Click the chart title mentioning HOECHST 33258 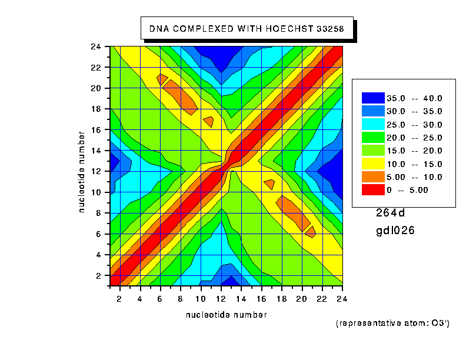click(247, 28)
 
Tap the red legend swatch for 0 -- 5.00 click(372, 190)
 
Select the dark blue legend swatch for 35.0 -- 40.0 click(372, 98)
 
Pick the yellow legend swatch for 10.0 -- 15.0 click(372, 164)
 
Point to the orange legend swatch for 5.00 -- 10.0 click(372, 176)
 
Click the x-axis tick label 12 click(221, 299)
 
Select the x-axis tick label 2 click(120, 299)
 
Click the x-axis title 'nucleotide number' click(226, 315)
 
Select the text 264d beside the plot click(391, 213)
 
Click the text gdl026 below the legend click(395, 231)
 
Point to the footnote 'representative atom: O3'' click(392, 323)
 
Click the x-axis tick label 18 click(282, 299)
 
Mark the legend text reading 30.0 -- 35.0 click(414, 111)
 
